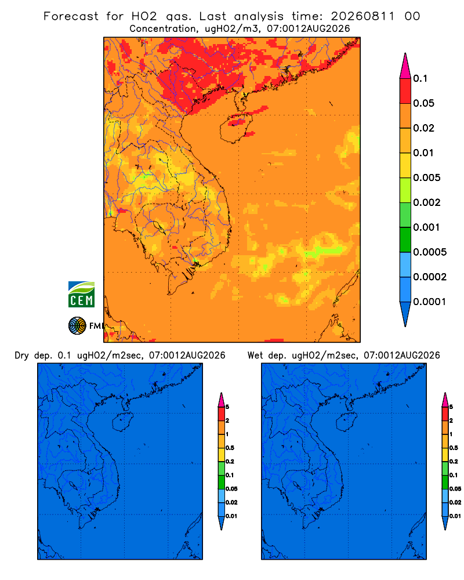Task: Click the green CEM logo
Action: pos(81,295)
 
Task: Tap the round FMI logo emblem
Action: pos(77,325)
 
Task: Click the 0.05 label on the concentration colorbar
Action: pos(423,103)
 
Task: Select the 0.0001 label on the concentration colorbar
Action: pos(430,302)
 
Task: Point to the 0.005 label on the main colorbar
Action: pos(427,177)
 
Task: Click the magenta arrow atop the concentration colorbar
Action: pos(405,66)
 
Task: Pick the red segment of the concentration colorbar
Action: pos(405,91)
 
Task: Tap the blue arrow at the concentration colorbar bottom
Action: pos(405,314)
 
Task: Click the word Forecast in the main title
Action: pos(71,16)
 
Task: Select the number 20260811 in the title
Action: pos(362,16)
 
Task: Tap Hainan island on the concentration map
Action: pos(236,128)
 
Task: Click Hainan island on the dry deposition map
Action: pos(122,422)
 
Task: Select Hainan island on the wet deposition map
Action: pos(346,422)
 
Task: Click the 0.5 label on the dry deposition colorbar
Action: pos(230,448)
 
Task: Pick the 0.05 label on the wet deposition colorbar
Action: pos(455,488)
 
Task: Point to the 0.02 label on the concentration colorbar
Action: pos(423,128)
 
